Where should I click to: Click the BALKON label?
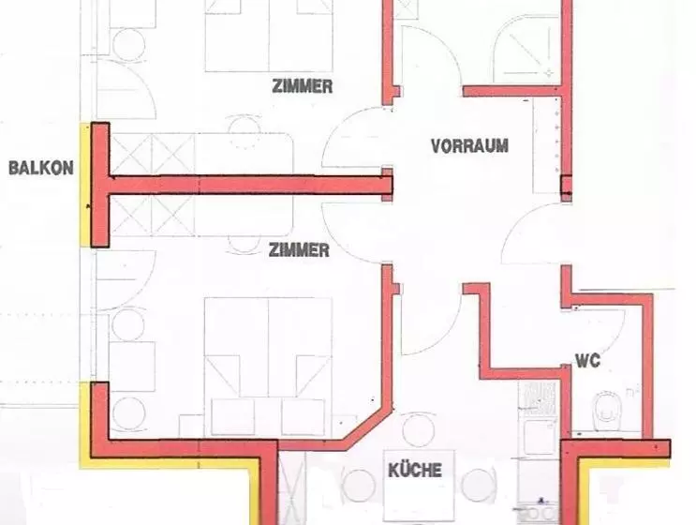point(41,169)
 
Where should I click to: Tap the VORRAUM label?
point(469,146)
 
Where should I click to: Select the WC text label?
point(587,361)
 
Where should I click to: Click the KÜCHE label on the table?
point(415,470)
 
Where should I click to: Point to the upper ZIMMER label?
point(303,86)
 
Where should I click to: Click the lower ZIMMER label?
point(299,250)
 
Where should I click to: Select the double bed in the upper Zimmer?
point(269,36)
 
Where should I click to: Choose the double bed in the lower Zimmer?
point(269,347)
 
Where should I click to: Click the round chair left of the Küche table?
point(358,485)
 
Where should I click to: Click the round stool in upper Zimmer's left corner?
point(128,44)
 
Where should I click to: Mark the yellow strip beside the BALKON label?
point(85,186)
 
